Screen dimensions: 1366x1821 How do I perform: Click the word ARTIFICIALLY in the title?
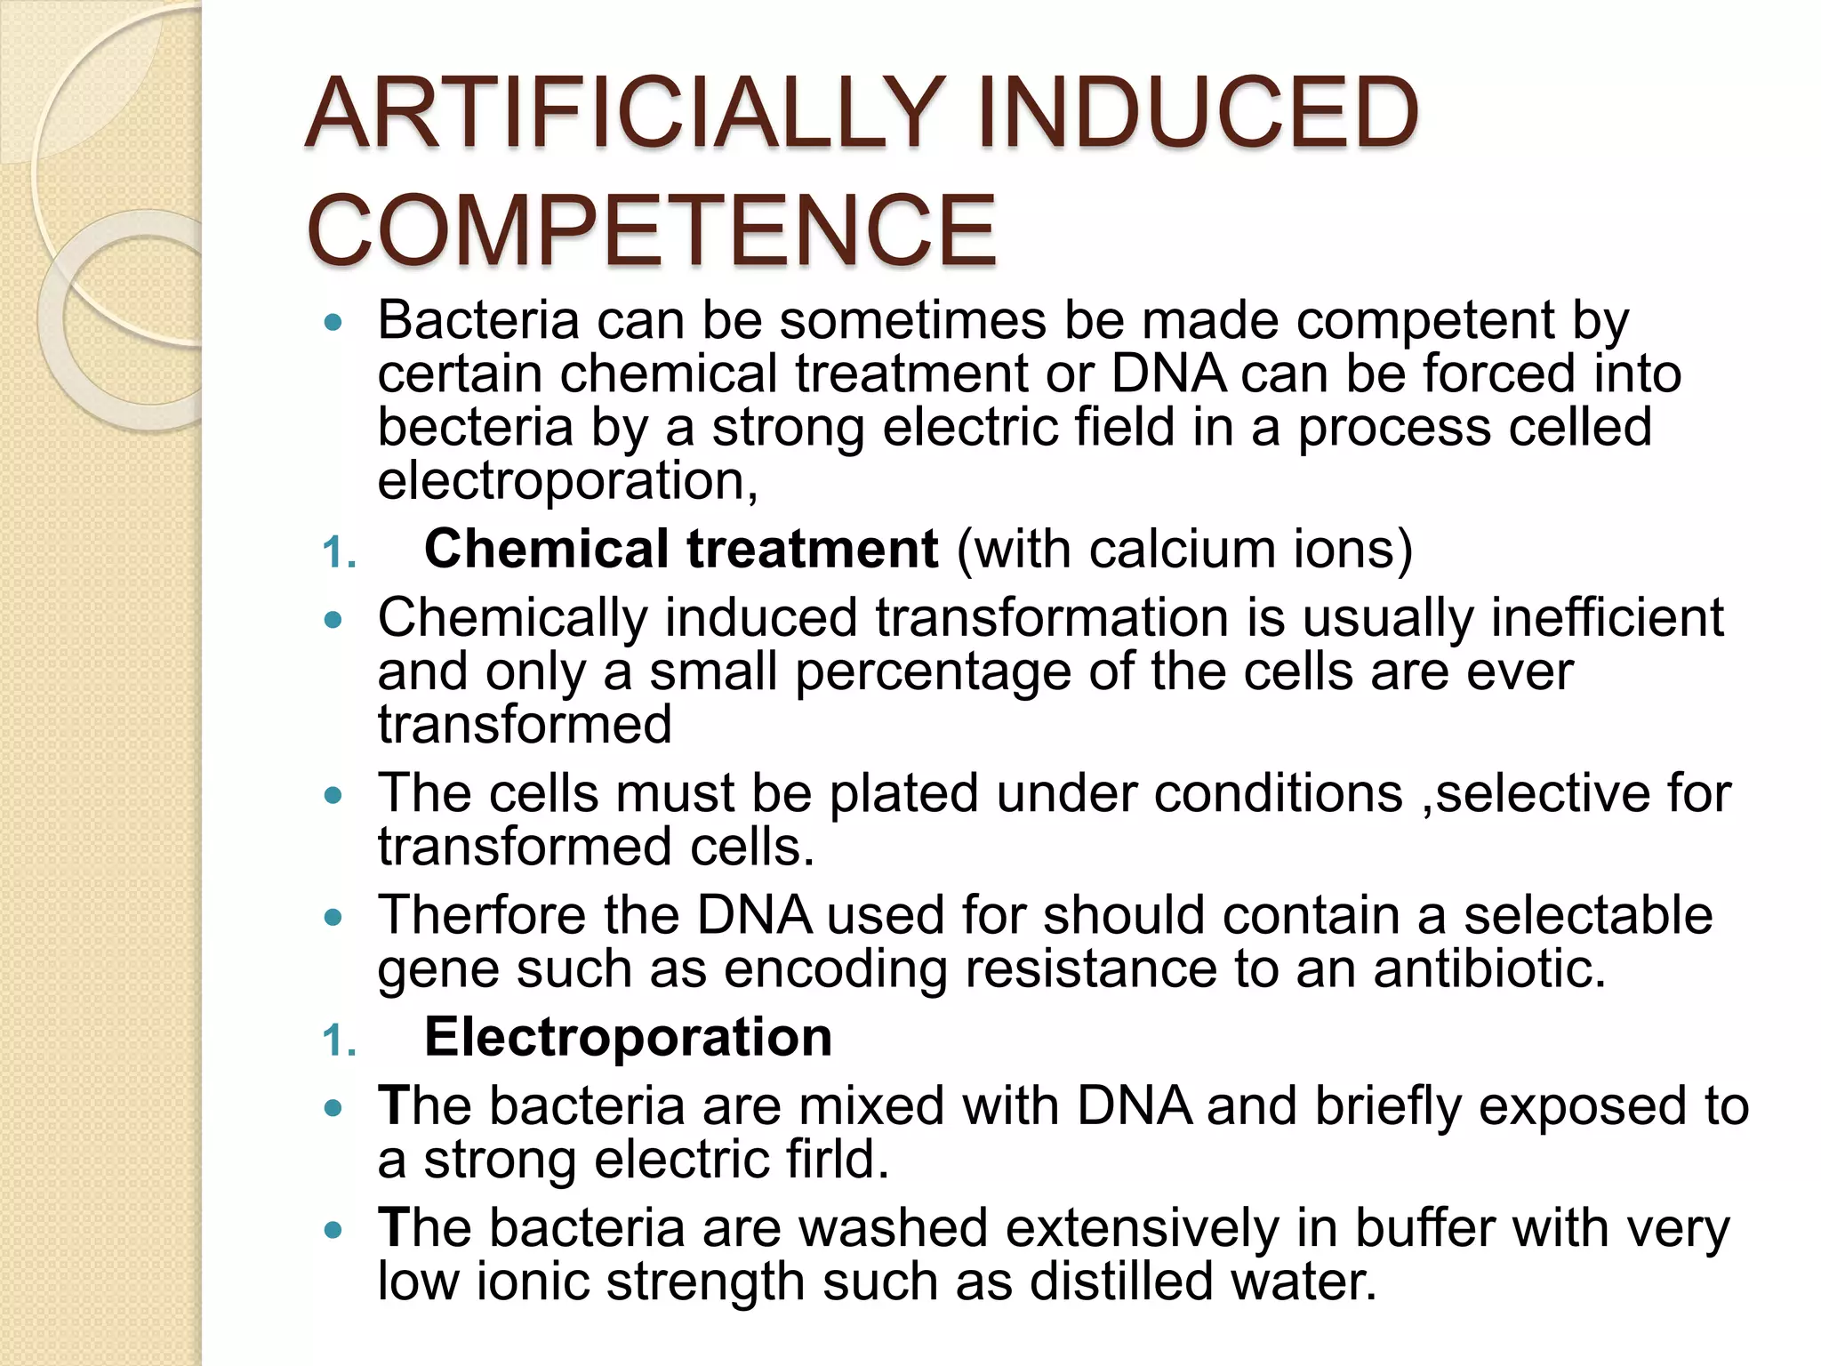point(622,114)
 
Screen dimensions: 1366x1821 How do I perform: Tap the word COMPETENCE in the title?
point(651,231)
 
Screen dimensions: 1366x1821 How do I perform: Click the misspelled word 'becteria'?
point(475,427)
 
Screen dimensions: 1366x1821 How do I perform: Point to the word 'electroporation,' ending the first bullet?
point(567,481)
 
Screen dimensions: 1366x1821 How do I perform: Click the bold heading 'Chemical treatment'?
point(680,549)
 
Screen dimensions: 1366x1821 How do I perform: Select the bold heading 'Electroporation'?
point(628,1037)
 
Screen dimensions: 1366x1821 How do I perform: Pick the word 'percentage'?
point(933,671)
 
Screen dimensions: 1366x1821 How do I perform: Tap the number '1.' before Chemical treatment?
point(339,554)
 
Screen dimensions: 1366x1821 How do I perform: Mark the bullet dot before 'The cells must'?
point(333,795)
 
